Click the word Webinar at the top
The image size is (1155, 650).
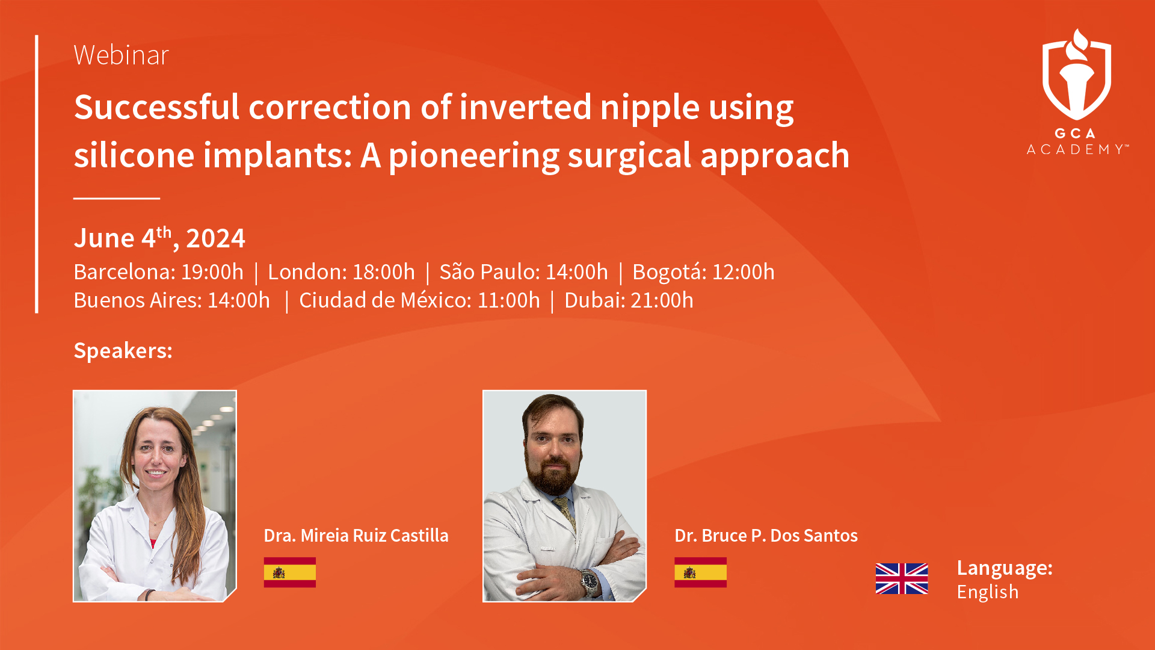(121, 55)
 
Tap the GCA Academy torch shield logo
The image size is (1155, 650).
(1077, 75)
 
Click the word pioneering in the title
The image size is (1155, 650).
(474, 156)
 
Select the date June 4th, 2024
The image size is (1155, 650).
(159, 238)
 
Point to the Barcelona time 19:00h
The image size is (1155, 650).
(212, 272)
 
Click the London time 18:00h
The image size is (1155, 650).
(383, 272)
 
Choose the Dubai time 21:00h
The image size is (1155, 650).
(662, 300)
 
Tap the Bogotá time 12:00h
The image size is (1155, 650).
(744, 272)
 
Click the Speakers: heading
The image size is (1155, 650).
(123, 351)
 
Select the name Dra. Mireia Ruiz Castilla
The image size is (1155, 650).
(356, 536)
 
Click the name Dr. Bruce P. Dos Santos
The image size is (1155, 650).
(766, 536)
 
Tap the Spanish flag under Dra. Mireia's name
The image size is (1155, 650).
(290, 572)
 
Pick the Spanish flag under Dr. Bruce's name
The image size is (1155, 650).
(700, 572)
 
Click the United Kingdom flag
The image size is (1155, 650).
(902, 579)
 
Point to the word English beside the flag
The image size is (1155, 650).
(988, 592)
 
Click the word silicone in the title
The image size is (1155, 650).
(134, 156)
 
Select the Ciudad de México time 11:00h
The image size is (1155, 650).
(509, 300)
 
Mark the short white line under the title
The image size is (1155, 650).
(117, 198)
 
